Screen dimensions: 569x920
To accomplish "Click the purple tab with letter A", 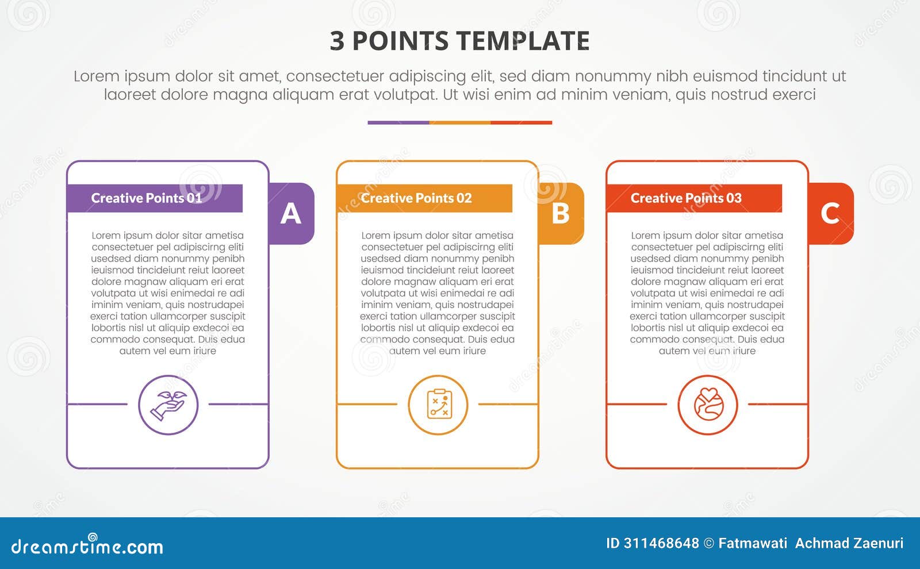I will click(x=292, y=214).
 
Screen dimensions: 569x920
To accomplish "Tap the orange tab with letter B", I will click(x=561, y=214).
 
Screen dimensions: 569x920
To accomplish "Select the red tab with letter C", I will click(x=831, y=214).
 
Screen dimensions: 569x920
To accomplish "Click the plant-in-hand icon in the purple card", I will click(x=168, y=405).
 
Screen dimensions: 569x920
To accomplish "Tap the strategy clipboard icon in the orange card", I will click(x=438, y=405).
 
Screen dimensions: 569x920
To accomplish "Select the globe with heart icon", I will click(x=708, y=405).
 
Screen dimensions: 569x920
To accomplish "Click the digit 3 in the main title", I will click(x=337, y=41).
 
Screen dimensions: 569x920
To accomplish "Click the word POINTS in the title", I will click(x=400, y=41).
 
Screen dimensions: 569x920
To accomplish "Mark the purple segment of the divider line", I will click(x=398, y=122).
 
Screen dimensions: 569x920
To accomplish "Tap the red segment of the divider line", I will click(x=522, y=122).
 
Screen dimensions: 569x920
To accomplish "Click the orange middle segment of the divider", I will click(x=460, y=122).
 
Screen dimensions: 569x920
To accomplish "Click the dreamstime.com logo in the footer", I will click(x=87, y=546).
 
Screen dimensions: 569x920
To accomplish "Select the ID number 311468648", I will click(x=661, y=543).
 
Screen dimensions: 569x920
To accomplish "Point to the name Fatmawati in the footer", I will click(x=753, y=543).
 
